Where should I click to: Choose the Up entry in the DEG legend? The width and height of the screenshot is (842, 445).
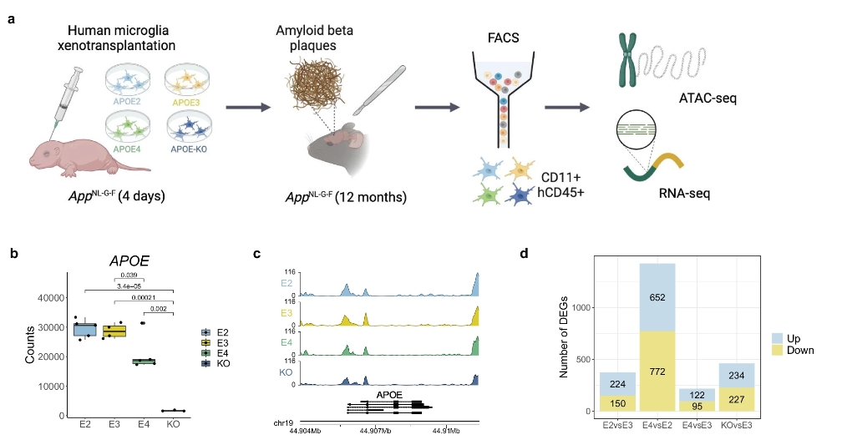pos(785,338)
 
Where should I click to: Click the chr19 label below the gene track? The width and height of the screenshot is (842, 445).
pos(286,422)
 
